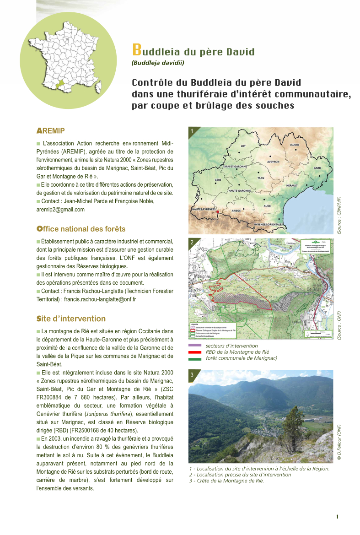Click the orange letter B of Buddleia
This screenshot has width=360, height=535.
point(136,50)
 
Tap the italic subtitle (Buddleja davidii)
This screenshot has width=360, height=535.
point(158,63)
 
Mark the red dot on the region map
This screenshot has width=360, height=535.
point(217,212)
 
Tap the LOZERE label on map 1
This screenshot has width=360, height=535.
point(295,145)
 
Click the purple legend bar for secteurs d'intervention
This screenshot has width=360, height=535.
point(195,346)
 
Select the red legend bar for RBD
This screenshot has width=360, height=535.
point(195,352)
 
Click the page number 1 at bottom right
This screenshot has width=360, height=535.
point(337,517)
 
